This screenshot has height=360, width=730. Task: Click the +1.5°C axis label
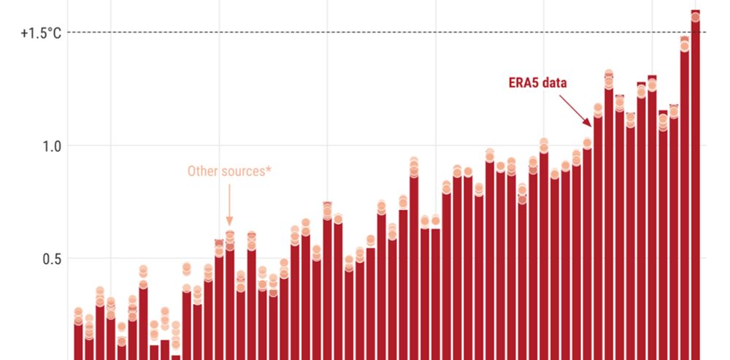pos(41,32)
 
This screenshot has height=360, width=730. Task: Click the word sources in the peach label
pos(245,172)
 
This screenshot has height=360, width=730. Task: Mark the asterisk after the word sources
pos(269,169)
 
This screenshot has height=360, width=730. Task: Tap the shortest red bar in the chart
pos(176,357)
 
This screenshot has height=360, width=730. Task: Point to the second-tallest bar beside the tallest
pos(684,197)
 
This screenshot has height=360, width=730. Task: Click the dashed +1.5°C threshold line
pos(365,32)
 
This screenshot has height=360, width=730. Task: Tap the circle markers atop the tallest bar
pos(695,15)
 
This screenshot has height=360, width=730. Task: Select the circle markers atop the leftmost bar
pos(78,316)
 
